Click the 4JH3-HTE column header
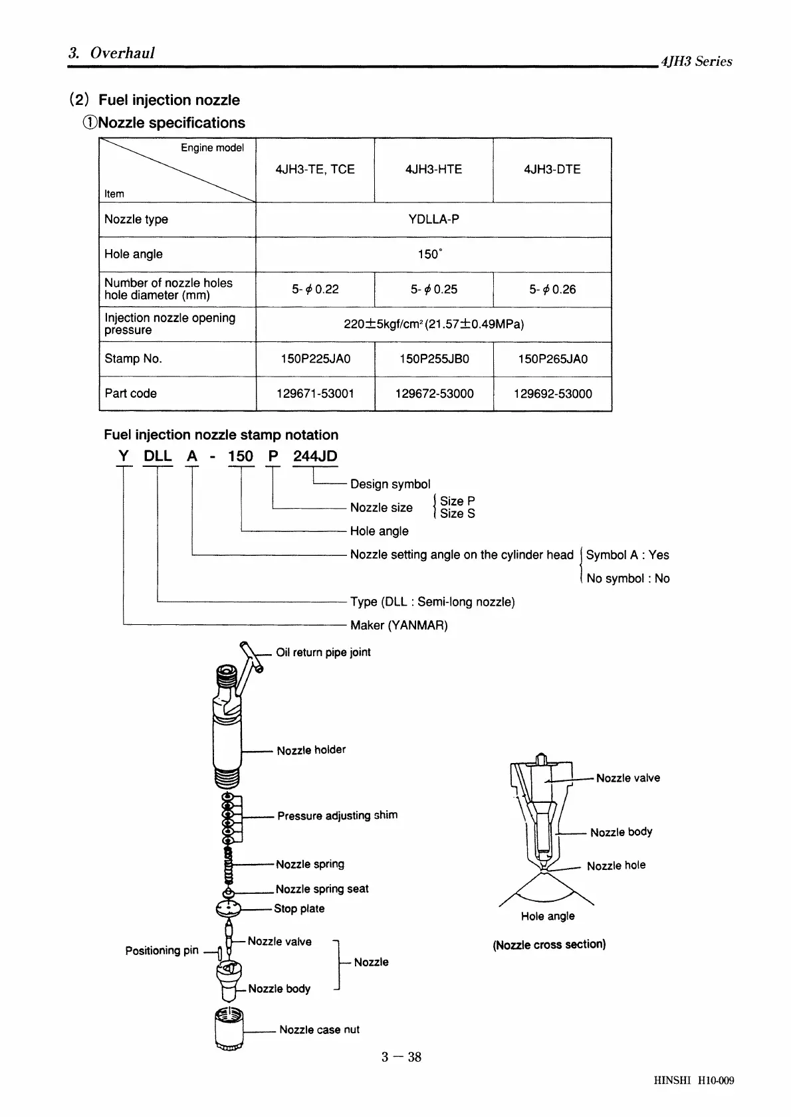(433, 169)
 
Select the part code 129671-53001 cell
(315, 393)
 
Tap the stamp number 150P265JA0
(552, 359)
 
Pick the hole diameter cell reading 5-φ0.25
(433, 290)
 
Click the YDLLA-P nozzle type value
(433, 219)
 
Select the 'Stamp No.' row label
(133, 359)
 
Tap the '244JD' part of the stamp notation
(315, 456)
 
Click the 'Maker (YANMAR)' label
(399, 625)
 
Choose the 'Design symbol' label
(390, 484)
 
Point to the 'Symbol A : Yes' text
(627, 555)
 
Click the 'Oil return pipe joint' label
(323, 652)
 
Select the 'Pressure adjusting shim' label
(337, 816)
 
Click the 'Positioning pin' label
(162, 950)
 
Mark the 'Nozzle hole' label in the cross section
(616, 865)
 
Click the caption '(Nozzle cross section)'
(549, 944)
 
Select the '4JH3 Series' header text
(696, 61)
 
